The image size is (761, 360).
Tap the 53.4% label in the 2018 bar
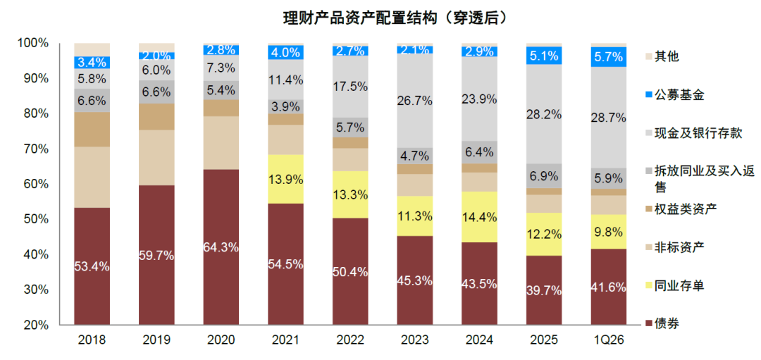click(92, 266)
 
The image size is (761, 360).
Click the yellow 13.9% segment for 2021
click(286, 179)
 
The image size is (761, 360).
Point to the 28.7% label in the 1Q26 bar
click(609, 118)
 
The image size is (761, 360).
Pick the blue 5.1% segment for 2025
click(544, 55)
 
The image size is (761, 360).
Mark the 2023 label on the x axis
click(415, 340)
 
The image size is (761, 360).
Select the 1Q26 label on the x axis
click(609, 340)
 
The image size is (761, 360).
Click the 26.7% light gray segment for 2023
click(415, 101)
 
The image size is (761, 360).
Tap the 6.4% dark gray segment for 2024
click(480, 151)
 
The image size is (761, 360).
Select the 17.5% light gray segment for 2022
click(351, 87)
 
